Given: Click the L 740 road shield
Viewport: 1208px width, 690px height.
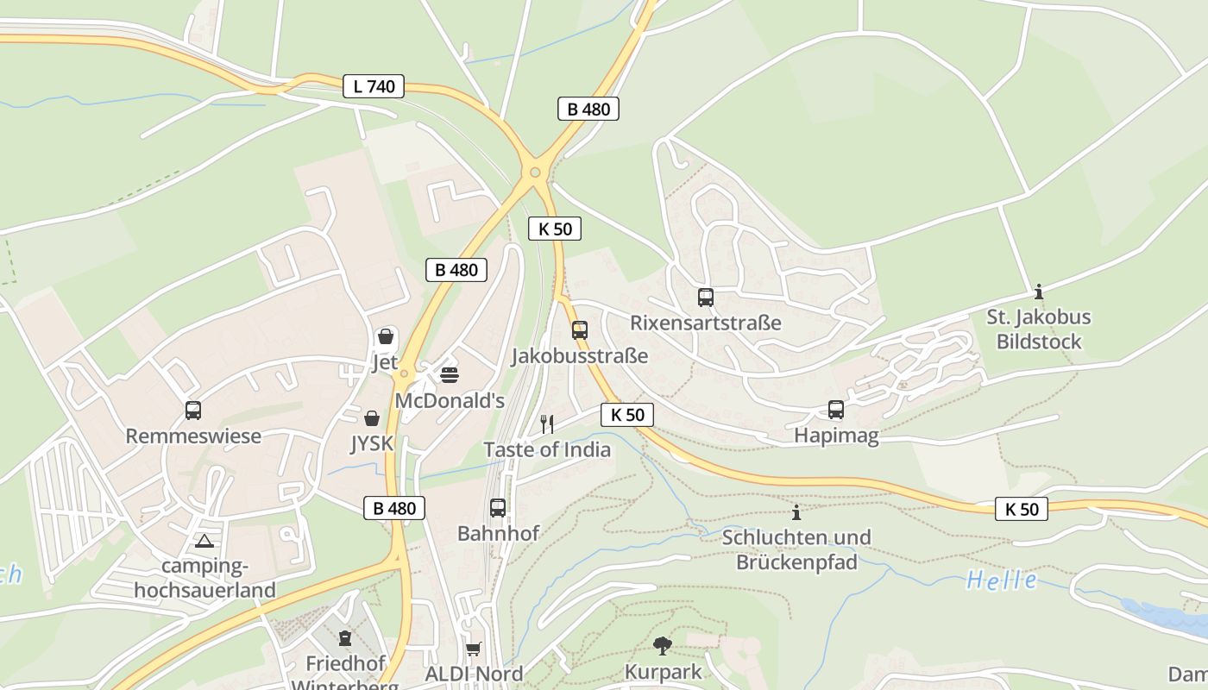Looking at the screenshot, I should tap(374, 86).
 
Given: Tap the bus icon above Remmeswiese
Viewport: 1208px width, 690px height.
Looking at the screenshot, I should tap(193, 411).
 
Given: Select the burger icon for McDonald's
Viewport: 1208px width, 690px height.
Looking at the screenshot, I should tap(449, 375).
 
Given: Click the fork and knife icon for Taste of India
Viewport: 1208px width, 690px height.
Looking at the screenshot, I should tap(546, 423).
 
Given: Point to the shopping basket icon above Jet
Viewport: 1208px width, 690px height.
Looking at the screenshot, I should tap(386, 336).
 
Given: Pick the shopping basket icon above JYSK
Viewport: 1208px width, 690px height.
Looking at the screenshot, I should tap(372, 418).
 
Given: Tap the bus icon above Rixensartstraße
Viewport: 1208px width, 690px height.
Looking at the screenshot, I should tap(706, 298).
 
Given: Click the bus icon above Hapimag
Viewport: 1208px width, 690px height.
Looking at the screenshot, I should tap(836, 410).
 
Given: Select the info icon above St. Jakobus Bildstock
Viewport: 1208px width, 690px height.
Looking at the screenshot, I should tap(1039, 292).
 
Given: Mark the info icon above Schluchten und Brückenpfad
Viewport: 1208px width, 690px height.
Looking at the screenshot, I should tap(796, 512).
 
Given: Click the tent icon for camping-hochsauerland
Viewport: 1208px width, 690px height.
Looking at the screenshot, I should tap(204, 542).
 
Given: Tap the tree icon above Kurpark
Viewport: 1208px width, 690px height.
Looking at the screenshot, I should tap(663, 645).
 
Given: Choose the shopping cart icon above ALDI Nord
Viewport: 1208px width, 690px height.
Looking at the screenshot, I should tap(473, 649).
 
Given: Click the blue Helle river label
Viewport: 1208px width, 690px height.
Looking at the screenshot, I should tap(1002, 580).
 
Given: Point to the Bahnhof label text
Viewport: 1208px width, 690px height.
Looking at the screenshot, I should tap(498, 534).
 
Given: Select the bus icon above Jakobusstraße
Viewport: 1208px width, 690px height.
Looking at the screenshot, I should tap(580, 330).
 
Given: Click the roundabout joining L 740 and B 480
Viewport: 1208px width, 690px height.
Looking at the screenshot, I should tap(536, 172).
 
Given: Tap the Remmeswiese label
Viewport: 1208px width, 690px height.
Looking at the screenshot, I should tap(193, 436).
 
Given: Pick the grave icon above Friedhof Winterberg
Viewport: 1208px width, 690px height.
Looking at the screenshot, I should tap(345, 638).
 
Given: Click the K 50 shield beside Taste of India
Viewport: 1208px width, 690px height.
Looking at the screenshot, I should tap(627, 415).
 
